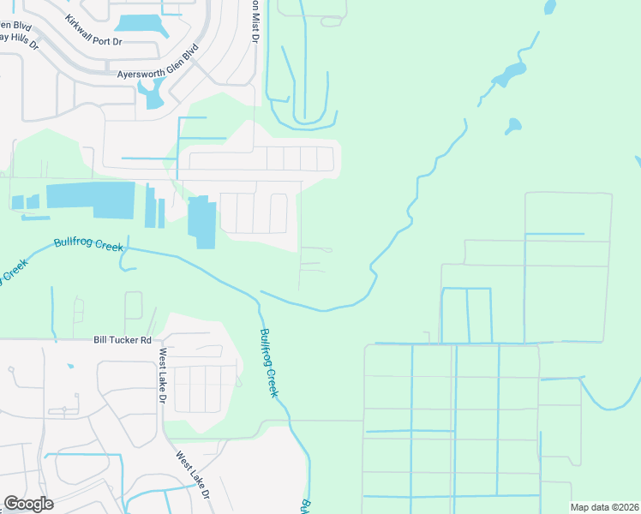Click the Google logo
point(28,504)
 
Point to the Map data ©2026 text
point(603,507)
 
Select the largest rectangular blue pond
point(90,200)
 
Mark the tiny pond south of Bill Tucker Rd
point(69,366)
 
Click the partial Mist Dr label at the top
point(255,21)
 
